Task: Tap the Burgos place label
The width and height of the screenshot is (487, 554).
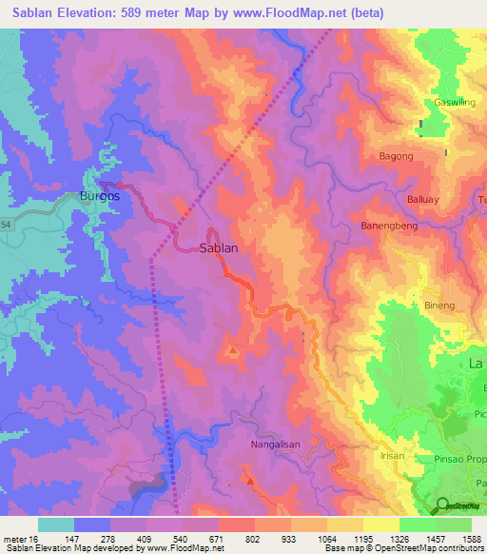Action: pyautogui.click(x=99, y=196)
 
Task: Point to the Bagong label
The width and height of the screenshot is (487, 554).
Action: pyautogui.click(x=396, y=155)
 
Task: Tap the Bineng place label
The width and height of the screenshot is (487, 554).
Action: pyautogui.click(x=438, y=306)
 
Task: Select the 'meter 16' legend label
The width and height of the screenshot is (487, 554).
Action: pyautogui.click(x=19, y=539)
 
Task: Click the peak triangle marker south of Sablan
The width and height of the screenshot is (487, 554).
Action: pyautogui.click(x=232, y=351)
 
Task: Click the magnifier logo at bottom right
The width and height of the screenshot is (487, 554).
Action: pyautogui.click(x=442, y=505)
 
